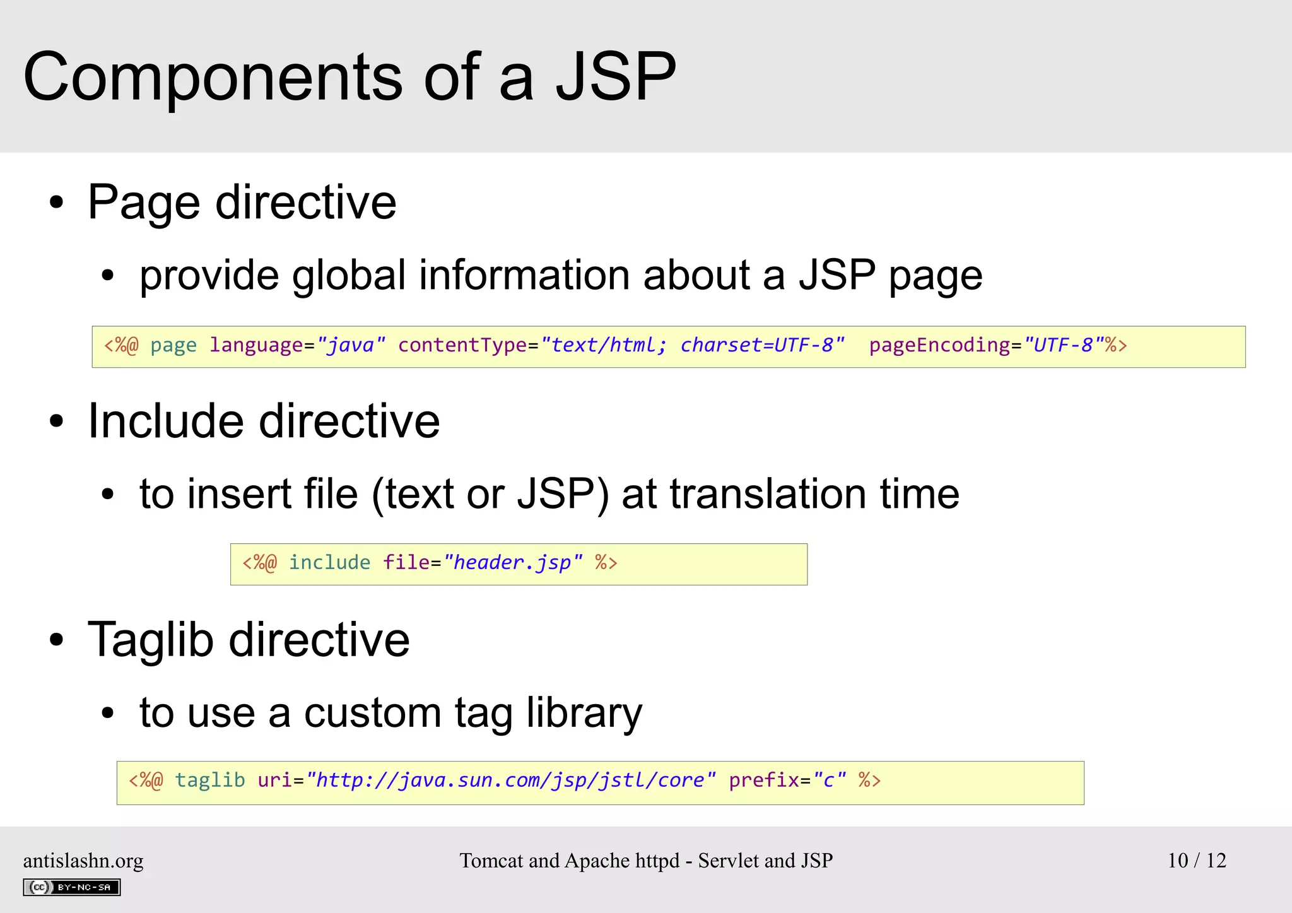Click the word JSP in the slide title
click(x=615, y=77)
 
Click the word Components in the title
click(x=213, y=77)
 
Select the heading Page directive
click(x=242, y=202)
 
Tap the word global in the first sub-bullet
click(x=348, y=275)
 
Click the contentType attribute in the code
click(x=462, y=345)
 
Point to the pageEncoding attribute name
click(x=939, y=345)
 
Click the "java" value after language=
click(x=351, y=345)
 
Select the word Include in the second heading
click(x=165, y=421)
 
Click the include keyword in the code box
click(x=329, y=562)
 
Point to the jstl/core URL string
click(x=510, y=780)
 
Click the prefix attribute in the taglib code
click(x=764, y=780)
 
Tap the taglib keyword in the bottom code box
click(x=209, y=780)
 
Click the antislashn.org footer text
click(x=83, y=861)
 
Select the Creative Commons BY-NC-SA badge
click(x=71, y=887)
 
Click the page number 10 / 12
click(x=1197, y=861)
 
